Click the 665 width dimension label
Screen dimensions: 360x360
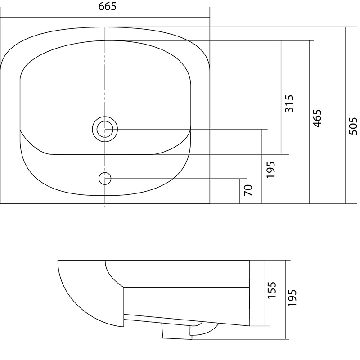coord(107,6)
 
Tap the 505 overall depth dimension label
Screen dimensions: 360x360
coord(353,126)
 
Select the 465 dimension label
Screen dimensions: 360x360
coord(317,118)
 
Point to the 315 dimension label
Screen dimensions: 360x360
coord(289,103)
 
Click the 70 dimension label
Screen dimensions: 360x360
coord(248,190)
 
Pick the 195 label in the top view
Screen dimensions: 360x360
coord(271,170)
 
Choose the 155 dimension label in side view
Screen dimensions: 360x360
coord(272,290)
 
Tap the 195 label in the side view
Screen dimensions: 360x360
coord(292,297)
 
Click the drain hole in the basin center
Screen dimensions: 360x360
coord(105,129)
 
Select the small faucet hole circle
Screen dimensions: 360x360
coord(105,178)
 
